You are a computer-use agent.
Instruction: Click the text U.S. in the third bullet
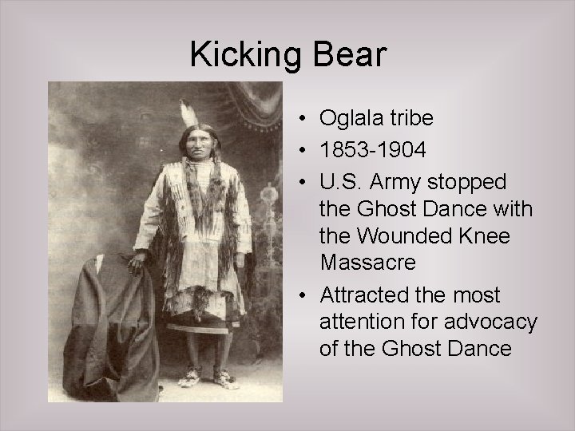click(x=339, y=183)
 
